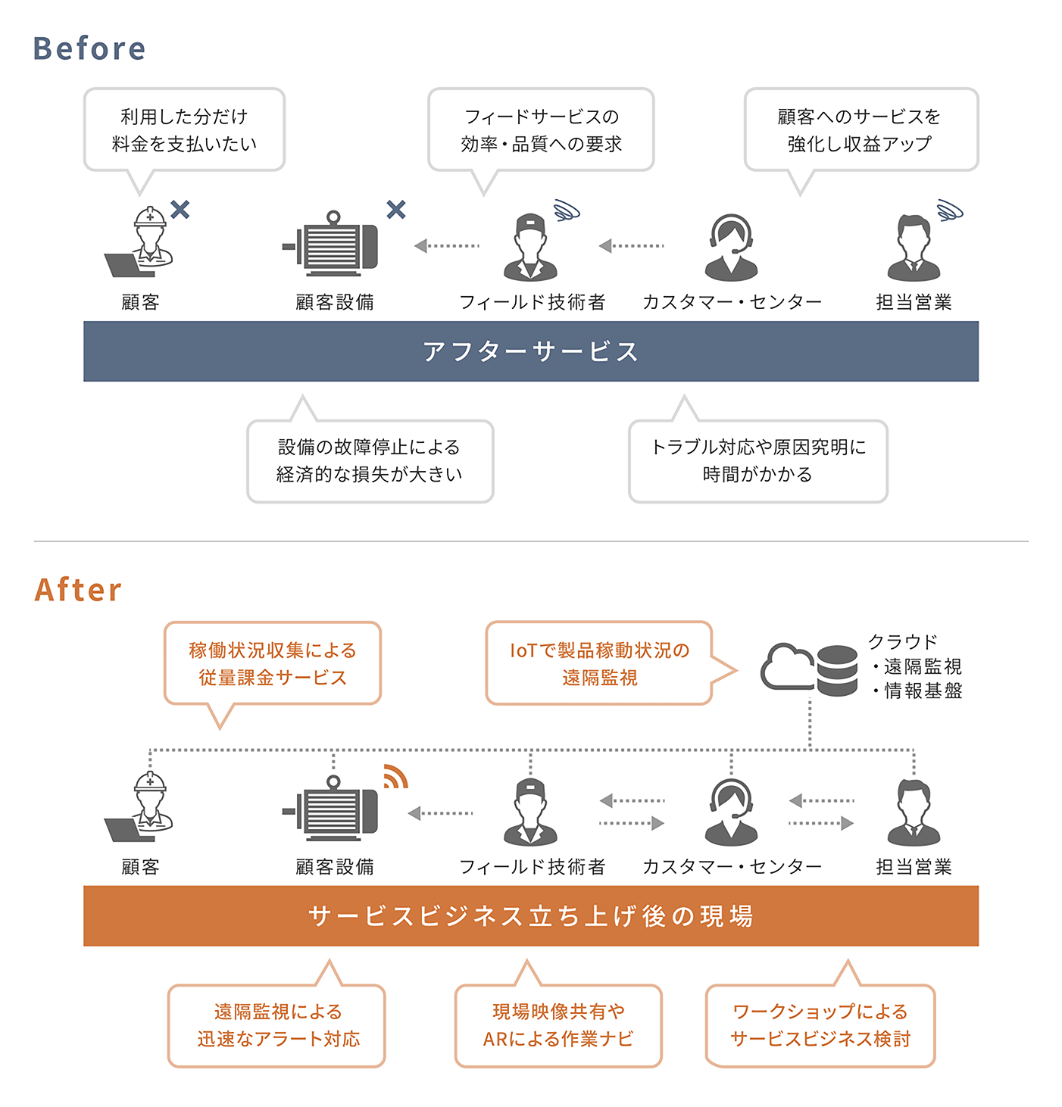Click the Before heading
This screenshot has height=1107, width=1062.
89,48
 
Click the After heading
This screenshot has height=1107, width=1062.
78,590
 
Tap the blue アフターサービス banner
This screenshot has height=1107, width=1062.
530,351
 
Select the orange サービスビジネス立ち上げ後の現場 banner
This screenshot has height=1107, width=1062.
530,916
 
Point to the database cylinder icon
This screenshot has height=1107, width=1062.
837,670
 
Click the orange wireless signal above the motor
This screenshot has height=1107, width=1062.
395,777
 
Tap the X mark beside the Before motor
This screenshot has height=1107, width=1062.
396,209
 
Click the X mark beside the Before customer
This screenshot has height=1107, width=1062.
180,209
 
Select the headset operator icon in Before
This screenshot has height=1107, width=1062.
731,247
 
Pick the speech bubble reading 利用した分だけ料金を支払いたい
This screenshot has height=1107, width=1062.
184,130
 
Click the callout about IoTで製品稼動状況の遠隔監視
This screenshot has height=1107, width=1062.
599,663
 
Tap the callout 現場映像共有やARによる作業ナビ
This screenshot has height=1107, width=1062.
558,1025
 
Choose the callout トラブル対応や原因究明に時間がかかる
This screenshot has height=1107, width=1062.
757,460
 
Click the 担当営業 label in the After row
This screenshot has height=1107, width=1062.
914,866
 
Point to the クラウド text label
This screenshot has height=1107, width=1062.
903,642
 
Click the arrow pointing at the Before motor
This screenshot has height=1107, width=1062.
447,245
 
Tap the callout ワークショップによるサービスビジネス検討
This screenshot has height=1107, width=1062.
820,1025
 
